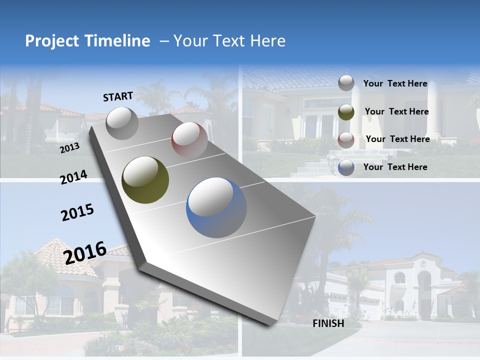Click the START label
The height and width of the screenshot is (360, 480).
pyautogui.click(x=118, y=96)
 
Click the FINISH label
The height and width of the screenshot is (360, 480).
pyautogui.click(x=328, y=323)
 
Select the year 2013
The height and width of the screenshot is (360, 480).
pyautogui.click(x=69, y=148)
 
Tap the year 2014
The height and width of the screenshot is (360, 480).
pyautogui.click(x=73, y=177)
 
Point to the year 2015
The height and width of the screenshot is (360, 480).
pyautogui.click(x=77, y=212)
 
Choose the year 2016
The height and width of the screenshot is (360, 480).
pyautogui.click(x=85, y=252)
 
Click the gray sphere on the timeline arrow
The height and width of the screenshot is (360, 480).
pyautogui.click(x=122, y=123)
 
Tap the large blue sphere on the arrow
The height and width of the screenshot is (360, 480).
pyautogui.click(x=216, y=207)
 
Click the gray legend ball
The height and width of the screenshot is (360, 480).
pyautogui.click(x=346, y=83)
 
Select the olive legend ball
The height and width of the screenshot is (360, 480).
pyautogui.click(x=346, y=111)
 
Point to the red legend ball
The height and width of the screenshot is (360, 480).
pyautogui.click(x=346, y=140)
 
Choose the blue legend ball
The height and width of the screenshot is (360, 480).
pyautogui.click(x=346, y=167)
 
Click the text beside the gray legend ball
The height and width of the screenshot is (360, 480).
pyautogui.click(x=395, y=83)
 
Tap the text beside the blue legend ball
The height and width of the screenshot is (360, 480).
pyautogui.click(x=395, y=167)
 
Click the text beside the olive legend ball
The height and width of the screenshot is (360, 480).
pyautogui.click(x=396, y=111)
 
